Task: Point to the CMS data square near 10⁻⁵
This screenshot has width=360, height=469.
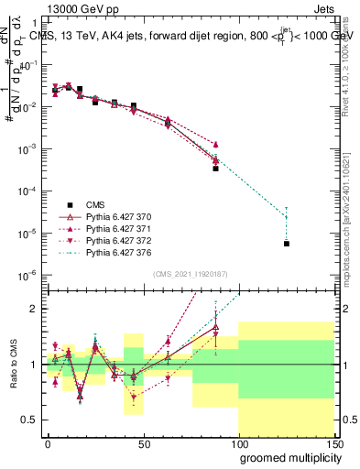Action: (x=287, y=244)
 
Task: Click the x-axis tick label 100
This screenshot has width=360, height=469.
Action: (x=237, y=443)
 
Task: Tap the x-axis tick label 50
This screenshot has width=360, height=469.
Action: (x=143, y=443)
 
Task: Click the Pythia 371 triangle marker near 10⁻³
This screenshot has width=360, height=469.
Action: (x=215, y=144)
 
